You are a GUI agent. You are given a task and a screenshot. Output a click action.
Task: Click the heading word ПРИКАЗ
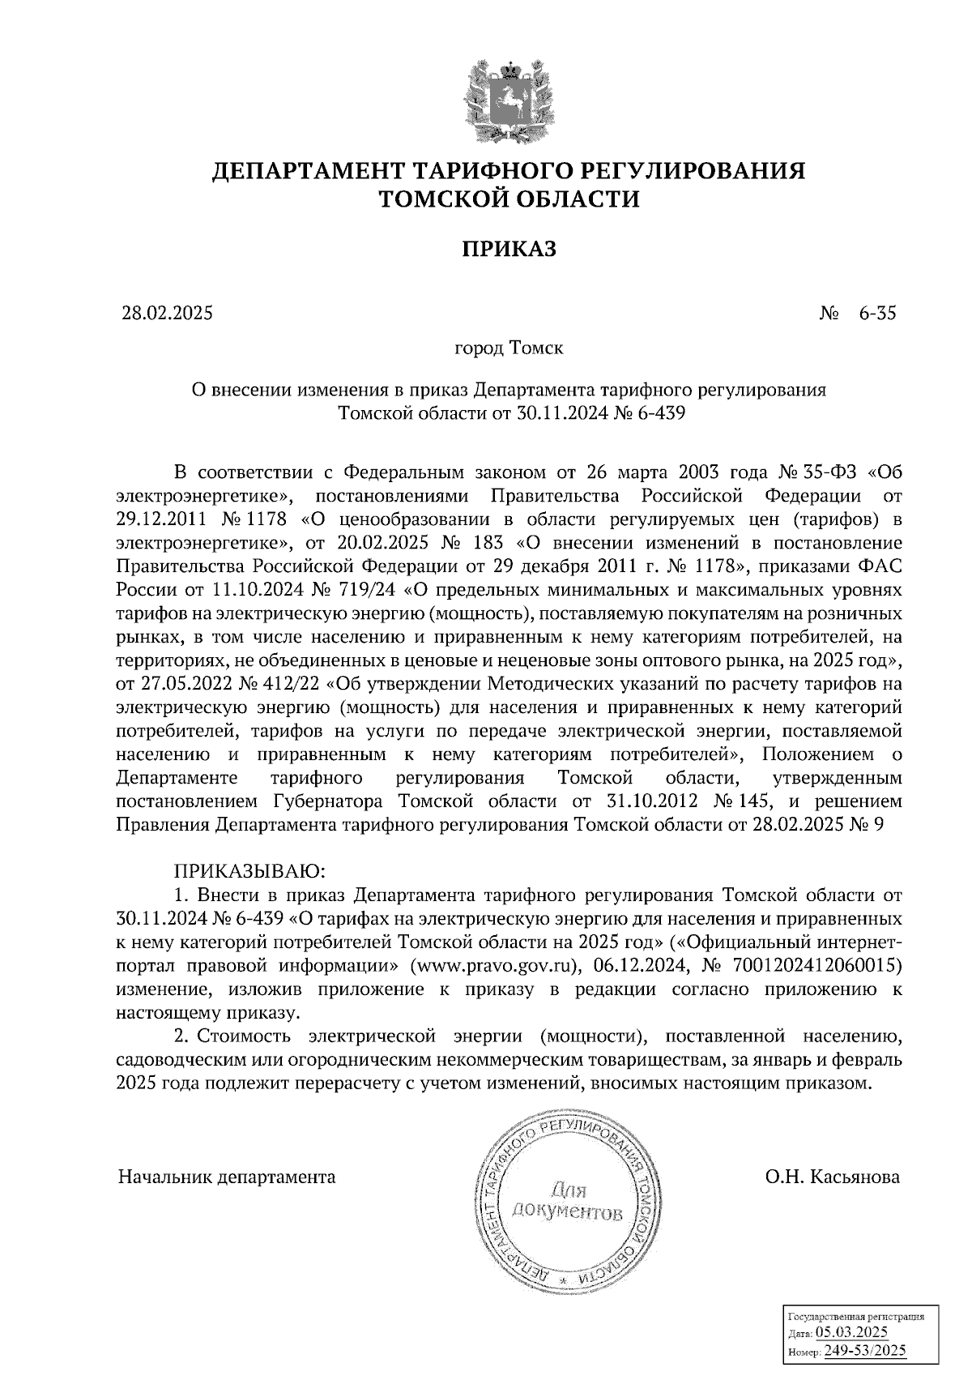[509, 249]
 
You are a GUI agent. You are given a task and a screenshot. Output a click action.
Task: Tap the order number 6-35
[877, 314]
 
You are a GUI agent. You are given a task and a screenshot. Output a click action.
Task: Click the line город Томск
[508, 349]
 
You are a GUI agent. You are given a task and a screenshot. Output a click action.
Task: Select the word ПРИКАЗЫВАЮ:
[249, 872]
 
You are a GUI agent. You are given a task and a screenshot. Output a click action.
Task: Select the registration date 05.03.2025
[852, 1333]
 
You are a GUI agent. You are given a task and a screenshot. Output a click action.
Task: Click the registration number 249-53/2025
[865, 1351]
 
